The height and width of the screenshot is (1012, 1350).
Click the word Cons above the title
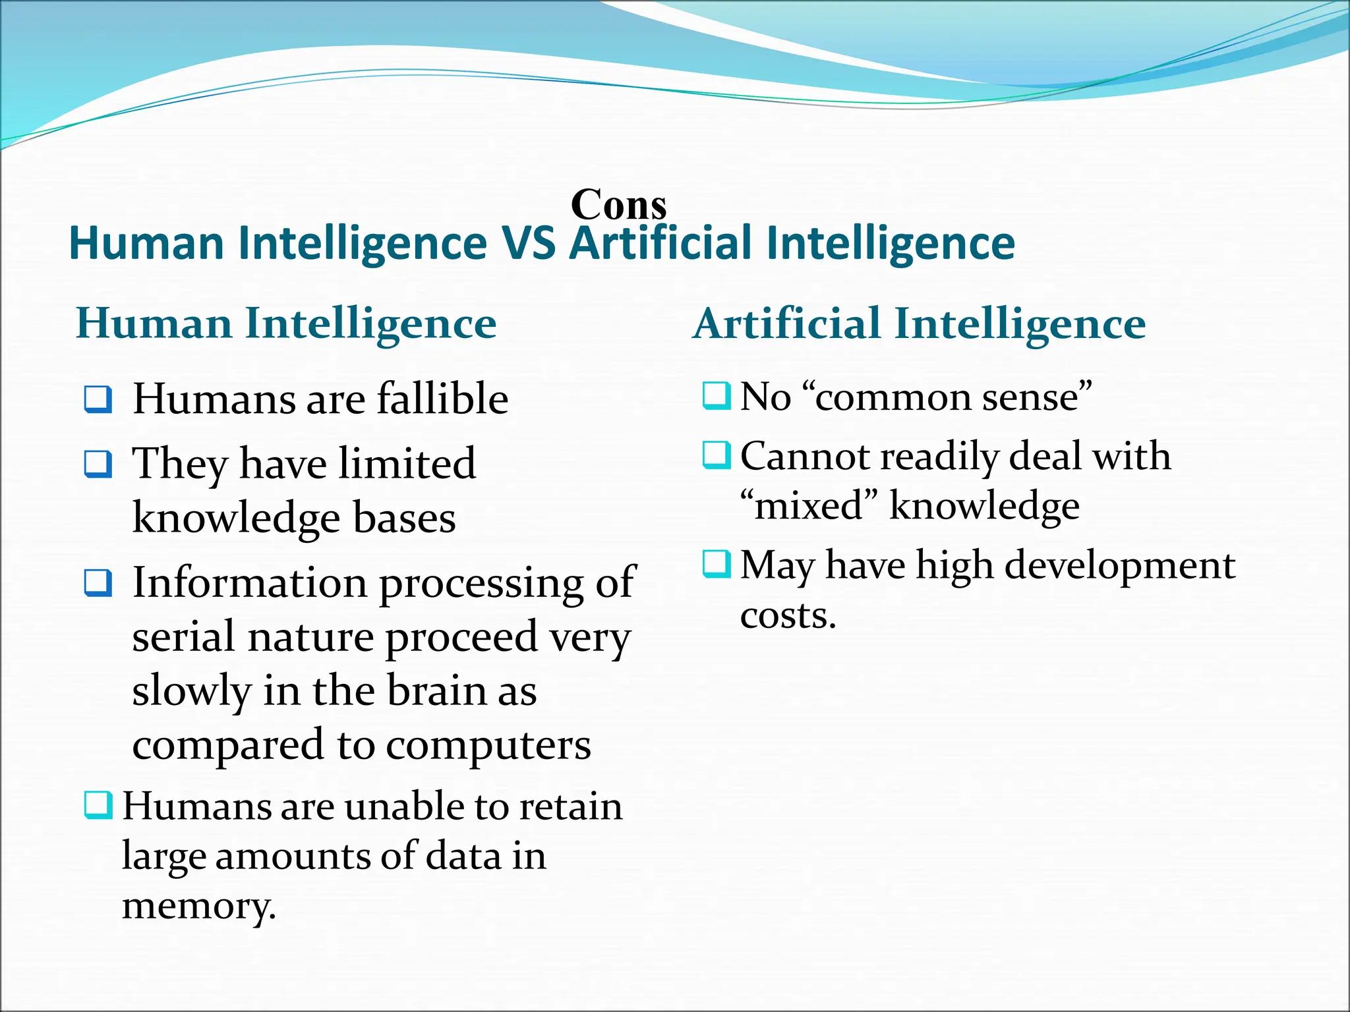(x=618, y=204)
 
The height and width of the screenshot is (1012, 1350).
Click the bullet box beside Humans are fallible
(x=98, y=399)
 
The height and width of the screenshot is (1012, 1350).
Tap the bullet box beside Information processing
(x=98, y=582)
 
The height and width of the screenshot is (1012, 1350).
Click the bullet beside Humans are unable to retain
(x=98, y=805)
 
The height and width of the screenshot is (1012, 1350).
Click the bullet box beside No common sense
(x=716, y=396)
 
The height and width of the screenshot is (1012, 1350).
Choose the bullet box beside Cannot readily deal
(x=716, y=455)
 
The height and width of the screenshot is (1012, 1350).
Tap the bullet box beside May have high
(x=716, y=564)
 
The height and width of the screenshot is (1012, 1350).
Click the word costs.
(x=787, y=615)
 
